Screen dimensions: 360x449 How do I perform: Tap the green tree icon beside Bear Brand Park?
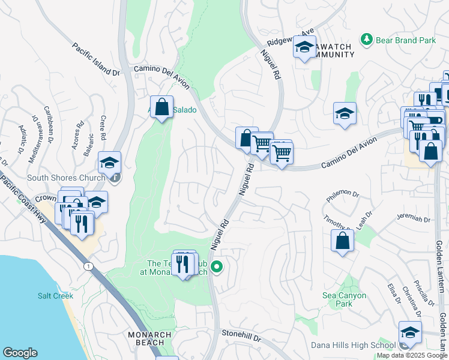coord(366,40)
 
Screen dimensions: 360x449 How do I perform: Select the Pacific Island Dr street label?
coord(96,59)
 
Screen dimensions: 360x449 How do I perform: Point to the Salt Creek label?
coord(55,296)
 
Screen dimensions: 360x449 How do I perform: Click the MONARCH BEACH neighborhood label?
coord(149,339)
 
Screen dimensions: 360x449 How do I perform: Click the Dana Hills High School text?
coord(353,345)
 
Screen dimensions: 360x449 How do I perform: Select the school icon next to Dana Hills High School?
coord(409,332)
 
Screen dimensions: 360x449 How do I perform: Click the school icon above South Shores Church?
coord(110,162)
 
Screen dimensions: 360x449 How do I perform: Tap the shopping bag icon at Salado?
coord(161,107)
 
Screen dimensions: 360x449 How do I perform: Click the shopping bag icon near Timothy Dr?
coord(342,241)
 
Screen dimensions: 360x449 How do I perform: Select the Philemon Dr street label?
coord(343,195)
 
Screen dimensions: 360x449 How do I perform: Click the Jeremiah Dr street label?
coord(414,219)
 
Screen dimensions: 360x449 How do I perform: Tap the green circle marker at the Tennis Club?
coord(217,267)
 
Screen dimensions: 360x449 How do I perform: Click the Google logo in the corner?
coord(20,353)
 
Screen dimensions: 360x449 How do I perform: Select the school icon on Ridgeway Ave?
coord(304,47)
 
